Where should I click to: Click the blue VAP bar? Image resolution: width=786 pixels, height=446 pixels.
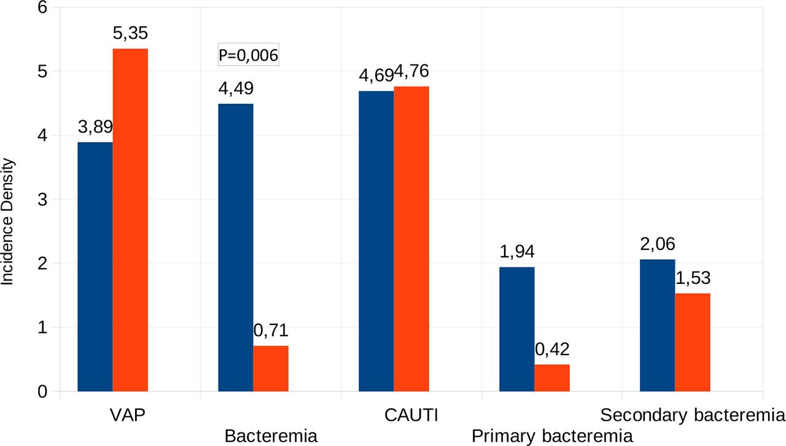tap(95, 267)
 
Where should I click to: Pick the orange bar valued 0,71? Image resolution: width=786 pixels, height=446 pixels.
tap(271, 369)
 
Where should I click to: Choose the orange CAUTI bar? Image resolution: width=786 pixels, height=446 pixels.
tap(411, 239)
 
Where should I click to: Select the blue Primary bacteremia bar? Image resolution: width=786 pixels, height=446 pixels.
tap(517, 329)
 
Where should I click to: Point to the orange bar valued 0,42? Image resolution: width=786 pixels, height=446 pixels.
tap(552, 378)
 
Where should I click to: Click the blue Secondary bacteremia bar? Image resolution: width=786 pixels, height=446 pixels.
tap(657, 326)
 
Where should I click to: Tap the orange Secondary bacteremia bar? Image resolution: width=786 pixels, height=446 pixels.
tap(693, 342)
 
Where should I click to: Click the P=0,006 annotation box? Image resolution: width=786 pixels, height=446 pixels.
tap(248, 56)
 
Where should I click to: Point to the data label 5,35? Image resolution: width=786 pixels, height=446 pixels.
tap(130, 33)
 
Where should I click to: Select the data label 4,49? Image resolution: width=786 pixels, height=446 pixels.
tap(236, 88)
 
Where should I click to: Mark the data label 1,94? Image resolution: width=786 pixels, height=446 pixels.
tap(517, 252)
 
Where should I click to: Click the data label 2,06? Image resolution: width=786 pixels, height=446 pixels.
tap(657, 244)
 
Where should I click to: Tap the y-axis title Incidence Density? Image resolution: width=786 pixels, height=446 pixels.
tap(7, 222)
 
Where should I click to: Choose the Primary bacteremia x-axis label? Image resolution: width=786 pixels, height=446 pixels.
tap(552, 437)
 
